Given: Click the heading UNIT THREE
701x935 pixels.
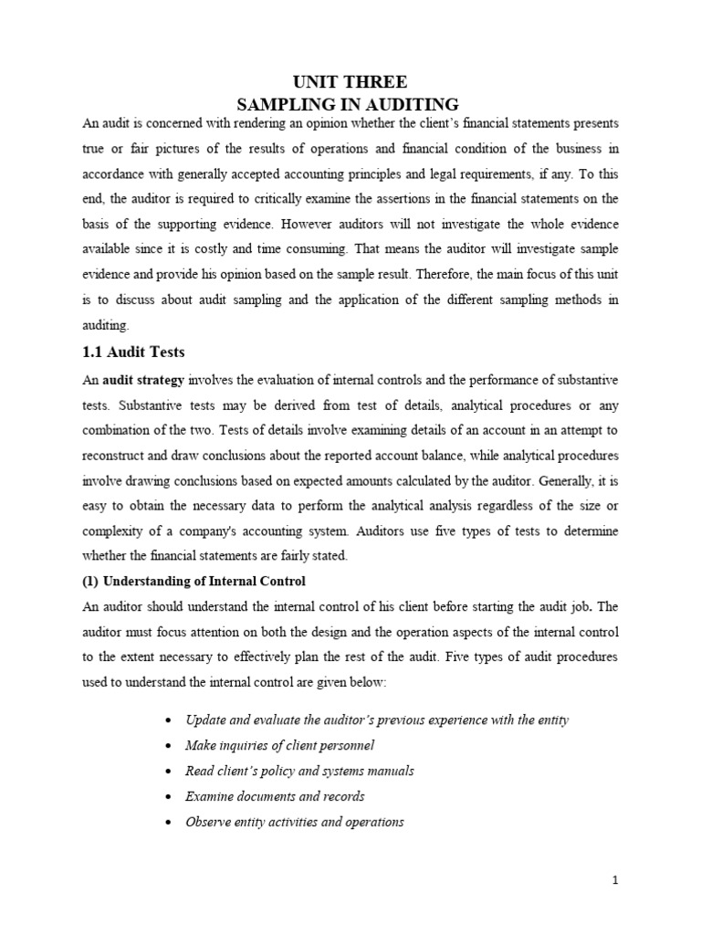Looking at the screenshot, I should (350, 82).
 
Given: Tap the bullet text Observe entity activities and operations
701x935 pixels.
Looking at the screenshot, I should (294, 822).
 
